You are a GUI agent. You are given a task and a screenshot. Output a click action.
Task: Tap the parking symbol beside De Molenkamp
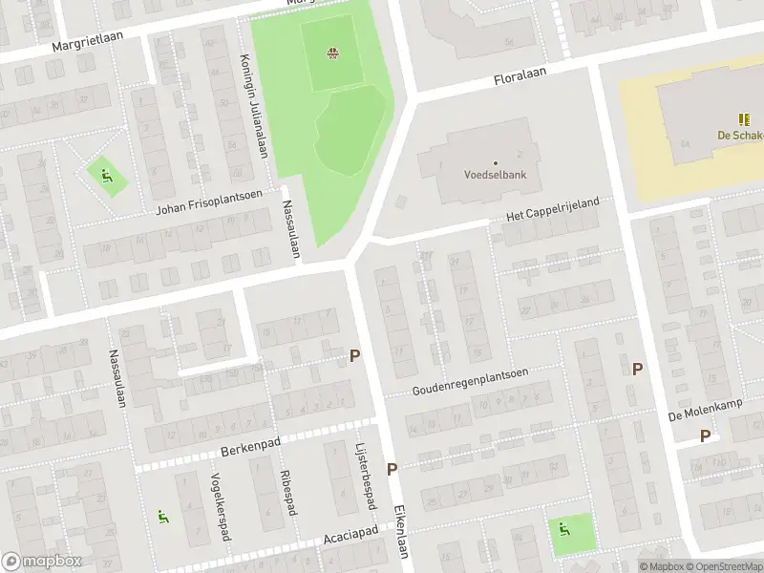(705, 435)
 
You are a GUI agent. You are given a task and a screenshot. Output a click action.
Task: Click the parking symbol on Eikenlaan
(392, 469)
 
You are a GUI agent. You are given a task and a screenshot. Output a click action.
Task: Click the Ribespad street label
(286, 492)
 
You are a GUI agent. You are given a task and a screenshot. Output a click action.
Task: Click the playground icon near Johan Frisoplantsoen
(106, 175)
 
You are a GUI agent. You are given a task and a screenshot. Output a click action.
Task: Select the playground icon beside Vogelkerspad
(163, 516)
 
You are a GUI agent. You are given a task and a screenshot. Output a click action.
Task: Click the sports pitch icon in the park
(332, 53)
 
